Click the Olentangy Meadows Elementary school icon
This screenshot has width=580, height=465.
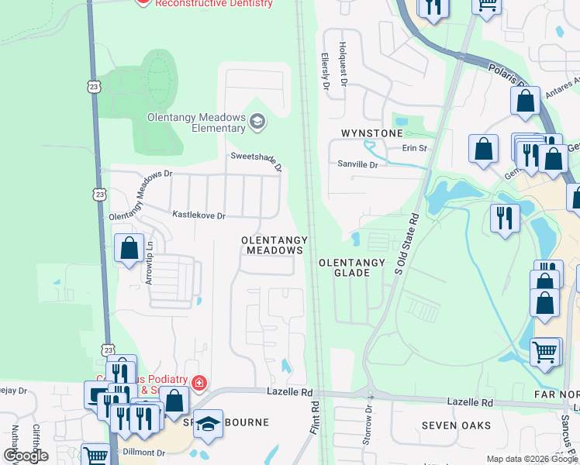257,122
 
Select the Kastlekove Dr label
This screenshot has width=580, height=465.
199,215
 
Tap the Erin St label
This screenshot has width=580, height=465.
414,148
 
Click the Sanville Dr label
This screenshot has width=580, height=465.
357,164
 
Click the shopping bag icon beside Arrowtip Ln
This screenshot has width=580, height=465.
129,249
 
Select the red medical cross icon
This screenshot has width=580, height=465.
199,383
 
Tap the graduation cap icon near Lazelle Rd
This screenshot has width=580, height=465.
208,423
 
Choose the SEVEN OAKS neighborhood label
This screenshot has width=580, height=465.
457,425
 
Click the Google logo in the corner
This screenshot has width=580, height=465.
26,456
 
